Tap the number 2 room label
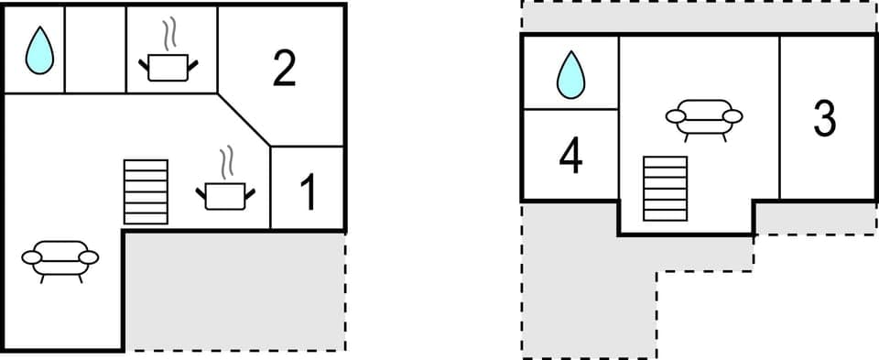(x=285, y=69)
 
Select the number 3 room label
(x=825, y=118)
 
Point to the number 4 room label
(x=570, y=156)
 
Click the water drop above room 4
(x=570, y=74)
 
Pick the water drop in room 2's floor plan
(x=38, y=50)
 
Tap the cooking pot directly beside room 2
(x=168, y=66)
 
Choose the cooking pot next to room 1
(x=225, y=194)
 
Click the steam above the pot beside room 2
(x=169, y=35)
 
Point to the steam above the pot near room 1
(x=226, y=162)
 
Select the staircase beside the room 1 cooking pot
(x=146, y=191)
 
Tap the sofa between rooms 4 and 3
(x=703, y=118)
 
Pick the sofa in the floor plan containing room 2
(x=60, y=258)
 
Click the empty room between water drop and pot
(x=94, y=49)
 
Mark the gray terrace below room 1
(x=234, y=290)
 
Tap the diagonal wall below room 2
(x=245, y=119)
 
